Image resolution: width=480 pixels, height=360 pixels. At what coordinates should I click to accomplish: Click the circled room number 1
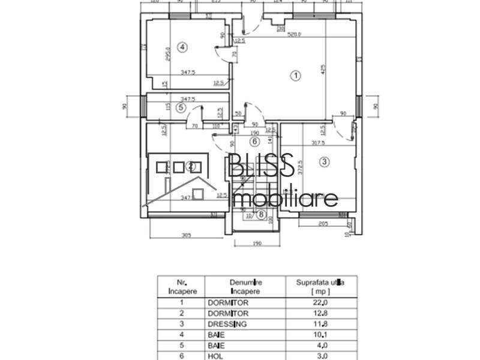(x=295, y=76)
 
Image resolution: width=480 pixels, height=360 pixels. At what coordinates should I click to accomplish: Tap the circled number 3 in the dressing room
(x=325, y=161)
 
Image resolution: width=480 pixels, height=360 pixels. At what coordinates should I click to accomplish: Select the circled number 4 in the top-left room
(x=183, y=46)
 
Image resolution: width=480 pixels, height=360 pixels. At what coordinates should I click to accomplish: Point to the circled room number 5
(x=182, y=108)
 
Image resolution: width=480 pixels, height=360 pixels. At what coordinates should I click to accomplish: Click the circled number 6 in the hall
(x=254, y=142)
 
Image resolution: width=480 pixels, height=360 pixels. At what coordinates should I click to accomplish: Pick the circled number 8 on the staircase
(x=261, y=214)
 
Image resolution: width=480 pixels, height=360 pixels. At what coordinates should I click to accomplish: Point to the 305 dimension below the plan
(x=186, y=236)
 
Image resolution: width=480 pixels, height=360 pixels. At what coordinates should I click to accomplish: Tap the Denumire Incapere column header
(x=244, y=285)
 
